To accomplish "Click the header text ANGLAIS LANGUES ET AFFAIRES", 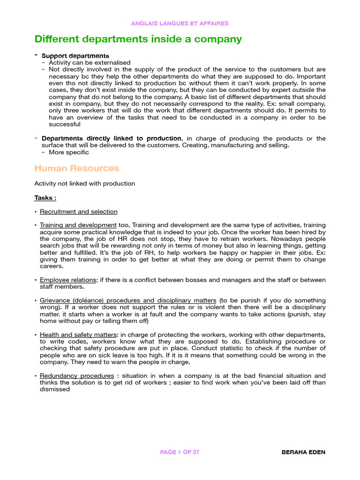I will click(x=180, y=23).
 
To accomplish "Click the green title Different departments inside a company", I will click(x=138, y=39).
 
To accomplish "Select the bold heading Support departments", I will click(x=75, y=56).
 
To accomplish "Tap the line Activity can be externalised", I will click(x=90, y=62).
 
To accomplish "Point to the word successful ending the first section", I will click(x=65, y=124).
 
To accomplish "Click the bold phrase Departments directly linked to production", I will click(x=112, y=138).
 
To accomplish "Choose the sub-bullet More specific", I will click(x=68, y=152).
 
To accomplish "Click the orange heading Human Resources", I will click(x=77, y=168).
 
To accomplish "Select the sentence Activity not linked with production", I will click(x=85, y=183).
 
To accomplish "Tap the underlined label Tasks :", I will click(x=45, y=198).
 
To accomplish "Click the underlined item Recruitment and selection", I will click(x=79, y=211).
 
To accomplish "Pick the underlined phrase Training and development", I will click(x=78, y=225).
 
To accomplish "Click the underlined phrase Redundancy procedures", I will click(x=77, y=375).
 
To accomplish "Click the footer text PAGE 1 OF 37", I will click(x=180, y=452).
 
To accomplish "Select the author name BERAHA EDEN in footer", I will click(x=303, y=452).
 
